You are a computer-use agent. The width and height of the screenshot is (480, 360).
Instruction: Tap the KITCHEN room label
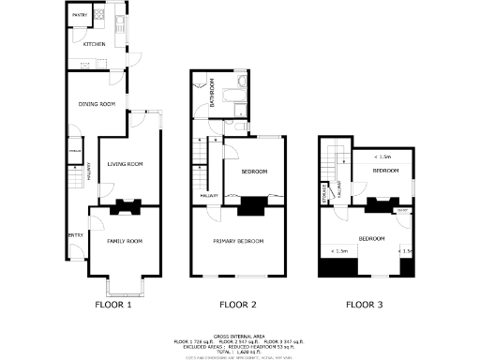tap(94, 44)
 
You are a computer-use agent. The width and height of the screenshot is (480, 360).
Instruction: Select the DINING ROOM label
tap(96, 104)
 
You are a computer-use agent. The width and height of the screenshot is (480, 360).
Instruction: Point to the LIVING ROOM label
tap(125, 164)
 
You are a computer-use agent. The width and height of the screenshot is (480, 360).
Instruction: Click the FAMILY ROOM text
tap(124, 241)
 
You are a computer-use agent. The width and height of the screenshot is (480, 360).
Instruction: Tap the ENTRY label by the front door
tap(75, 235)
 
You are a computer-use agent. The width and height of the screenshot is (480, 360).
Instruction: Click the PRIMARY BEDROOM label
tap(239, 241)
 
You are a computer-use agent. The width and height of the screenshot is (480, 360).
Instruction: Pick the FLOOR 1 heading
tap(113, 305)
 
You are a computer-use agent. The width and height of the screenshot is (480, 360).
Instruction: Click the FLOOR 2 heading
tap(238, 305)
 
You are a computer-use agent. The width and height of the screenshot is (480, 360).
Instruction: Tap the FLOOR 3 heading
tap(364, 305)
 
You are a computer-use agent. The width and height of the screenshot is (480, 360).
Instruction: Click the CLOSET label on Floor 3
tap(401, 211)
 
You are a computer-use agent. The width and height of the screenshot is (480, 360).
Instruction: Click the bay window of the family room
tap(124, 284)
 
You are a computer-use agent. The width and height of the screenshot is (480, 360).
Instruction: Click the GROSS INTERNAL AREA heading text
tap(239, 334)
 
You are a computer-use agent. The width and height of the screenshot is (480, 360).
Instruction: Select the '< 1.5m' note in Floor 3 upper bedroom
tap(382, 157)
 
